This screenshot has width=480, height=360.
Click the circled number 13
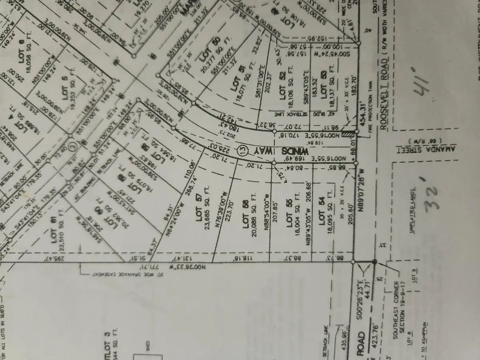pyautogui.click(x=242, y=151)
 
